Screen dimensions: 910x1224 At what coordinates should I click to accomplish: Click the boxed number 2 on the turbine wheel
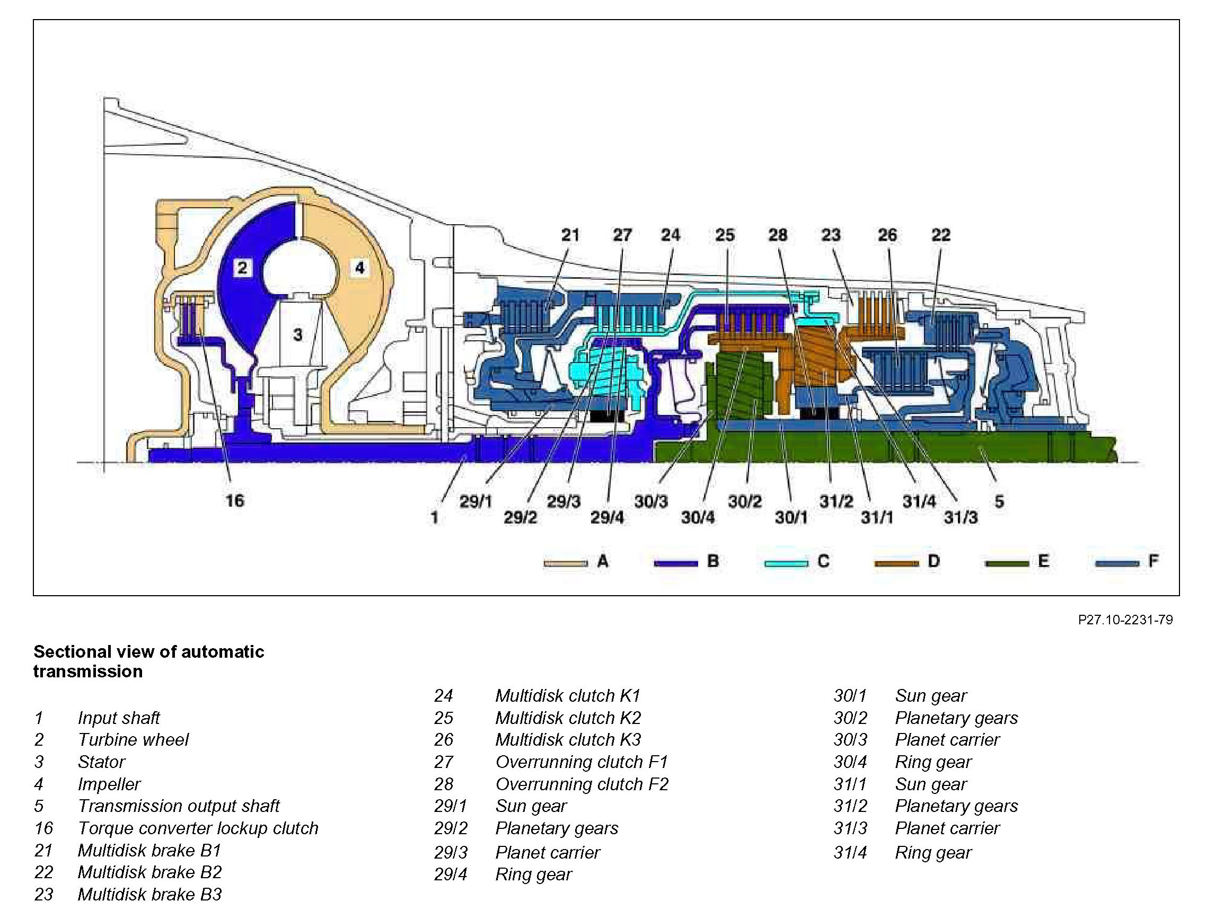click(242, 268)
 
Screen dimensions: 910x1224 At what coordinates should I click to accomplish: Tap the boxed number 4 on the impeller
click(359, 268)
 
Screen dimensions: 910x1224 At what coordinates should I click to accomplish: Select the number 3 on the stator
click(297, 334)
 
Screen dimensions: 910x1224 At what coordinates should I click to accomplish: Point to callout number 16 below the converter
click(235, 500)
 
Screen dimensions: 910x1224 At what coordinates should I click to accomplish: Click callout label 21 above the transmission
click(570, 235)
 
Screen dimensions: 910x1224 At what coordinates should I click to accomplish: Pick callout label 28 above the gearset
click(778, 235)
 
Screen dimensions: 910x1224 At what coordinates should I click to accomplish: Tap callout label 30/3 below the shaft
click(650, 501)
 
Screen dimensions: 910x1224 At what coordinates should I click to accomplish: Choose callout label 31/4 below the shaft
click(919, 501)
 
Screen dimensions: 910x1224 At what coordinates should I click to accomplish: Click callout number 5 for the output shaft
click(999, 501)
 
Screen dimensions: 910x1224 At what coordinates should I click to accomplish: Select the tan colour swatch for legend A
click(565, 563)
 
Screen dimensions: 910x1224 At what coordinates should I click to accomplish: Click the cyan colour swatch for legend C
click(786, 563)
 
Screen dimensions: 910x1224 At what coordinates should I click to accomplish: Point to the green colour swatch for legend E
click(1007, 563)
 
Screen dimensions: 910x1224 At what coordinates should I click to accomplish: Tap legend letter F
click(1153, 561)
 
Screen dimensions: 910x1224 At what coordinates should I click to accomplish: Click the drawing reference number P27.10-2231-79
click(1125, 620)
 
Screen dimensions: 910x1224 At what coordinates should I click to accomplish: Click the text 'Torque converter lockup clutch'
click(198, 828)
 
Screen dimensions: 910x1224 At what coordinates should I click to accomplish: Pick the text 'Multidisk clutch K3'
click(568, 739)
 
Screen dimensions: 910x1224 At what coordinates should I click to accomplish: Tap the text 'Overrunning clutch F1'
click(582, 762)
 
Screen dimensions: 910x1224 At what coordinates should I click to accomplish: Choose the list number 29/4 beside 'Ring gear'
click(450, 874)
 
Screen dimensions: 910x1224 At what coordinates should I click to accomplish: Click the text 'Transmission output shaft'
click(179, 806)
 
